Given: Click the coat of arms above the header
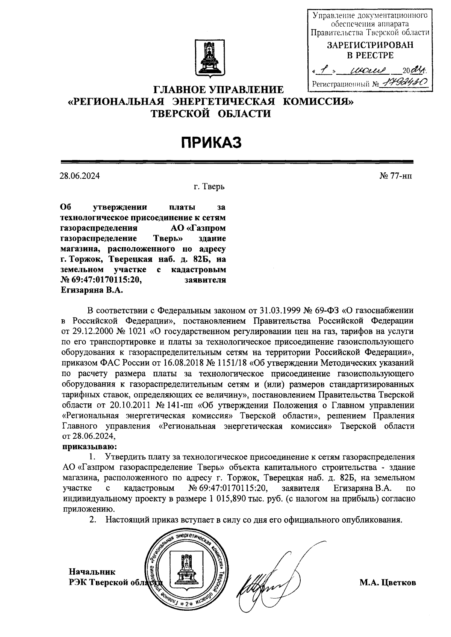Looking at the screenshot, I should click(x=210, y=59).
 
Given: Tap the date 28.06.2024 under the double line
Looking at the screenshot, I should click(x=80, y=176).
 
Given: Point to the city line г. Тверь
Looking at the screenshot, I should click(x=209, y=186).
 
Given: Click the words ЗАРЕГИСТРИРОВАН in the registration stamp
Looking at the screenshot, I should click(x=370, y=45).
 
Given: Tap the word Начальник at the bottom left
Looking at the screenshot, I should click(x=92, y=572).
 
